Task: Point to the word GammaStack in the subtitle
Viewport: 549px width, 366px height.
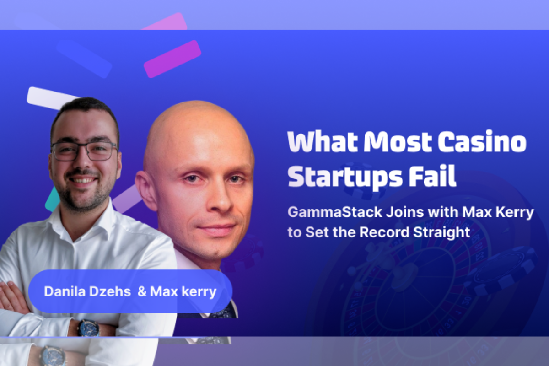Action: coord(335,212)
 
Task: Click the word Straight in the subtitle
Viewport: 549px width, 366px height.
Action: coord(441,232)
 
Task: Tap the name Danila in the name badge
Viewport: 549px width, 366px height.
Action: coord(65,291)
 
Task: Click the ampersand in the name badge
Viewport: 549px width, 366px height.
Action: coord(142,291)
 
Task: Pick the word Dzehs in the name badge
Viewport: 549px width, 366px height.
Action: coord(109,291)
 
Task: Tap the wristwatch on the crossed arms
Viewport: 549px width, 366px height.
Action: coord(88,327)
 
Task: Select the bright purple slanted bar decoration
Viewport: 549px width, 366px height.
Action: coord(172,59)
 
